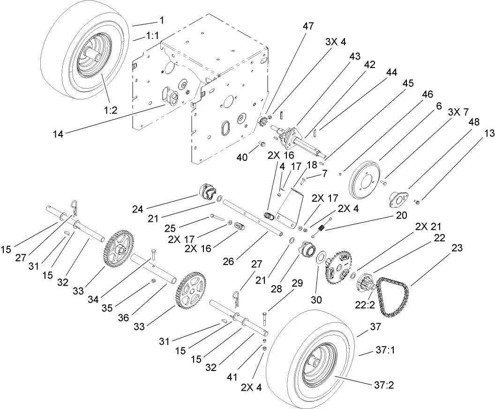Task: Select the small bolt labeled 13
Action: tap(417, 202)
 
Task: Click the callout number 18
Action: tap(312, 166)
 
